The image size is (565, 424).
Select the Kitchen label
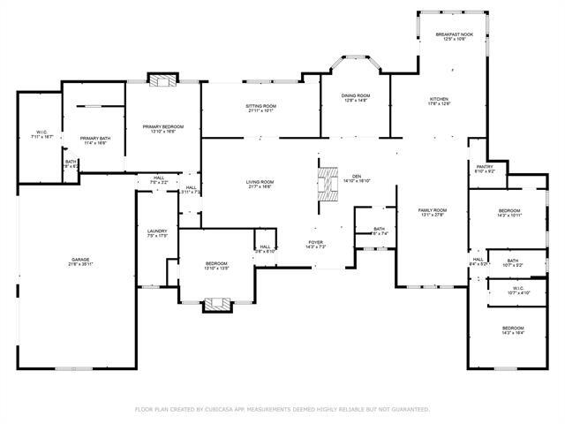click(x=440, y=101)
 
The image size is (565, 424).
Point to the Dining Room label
click(x=357, y=97)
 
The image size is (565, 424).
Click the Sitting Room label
click(x=260, y=108)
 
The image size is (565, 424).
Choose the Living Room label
click(x=260, y=184)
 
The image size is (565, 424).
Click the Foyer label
click(x=315, y=243)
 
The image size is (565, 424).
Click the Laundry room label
click(x=157, y=233)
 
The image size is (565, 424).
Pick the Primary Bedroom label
click(x=163, y=129)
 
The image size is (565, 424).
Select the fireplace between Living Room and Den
click(x=327, y=184)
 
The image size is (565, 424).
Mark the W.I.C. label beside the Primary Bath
click(x=41, y=134)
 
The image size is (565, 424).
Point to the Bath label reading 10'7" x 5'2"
click(x=513, y=263)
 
